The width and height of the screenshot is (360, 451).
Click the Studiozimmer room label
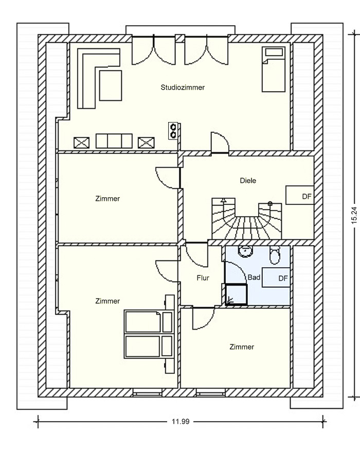tap(183, 88)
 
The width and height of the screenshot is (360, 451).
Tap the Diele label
tap(248, 181)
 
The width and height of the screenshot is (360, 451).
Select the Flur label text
tap(203, 278)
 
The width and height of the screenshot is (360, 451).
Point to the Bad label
tap(254, 277)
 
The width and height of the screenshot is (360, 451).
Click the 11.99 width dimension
tap(181, 422)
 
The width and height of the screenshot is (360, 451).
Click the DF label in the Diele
tap(307, 197)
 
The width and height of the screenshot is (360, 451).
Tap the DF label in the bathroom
tap(283, 279)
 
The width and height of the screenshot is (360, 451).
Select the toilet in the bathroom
tap(275, 255)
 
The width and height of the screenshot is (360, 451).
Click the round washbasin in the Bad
tap(245, 251)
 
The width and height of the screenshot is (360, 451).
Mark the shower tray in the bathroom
tap(236, 294)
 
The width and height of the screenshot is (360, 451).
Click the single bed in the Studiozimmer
tap(273, 70)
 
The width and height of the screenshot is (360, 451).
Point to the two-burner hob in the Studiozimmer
tap(173, 131)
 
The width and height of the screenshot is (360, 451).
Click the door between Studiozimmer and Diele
tap(220, 143)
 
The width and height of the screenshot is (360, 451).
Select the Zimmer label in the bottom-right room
tap(242, 347)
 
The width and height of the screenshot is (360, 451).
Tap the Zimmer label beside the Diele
tap(107, 198)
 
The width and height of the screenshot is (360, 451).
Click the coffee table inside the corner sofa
tap(111, 85)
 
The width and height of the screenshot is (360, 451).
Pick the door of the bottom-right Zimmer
tap(203, 318)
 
